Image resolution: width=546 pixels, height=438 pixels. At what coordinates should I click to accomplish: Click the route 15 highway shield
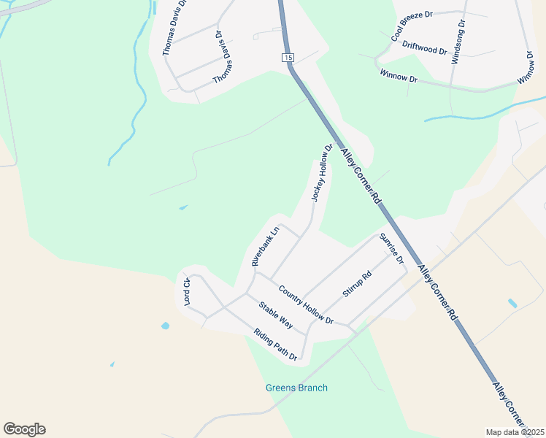(288, 58)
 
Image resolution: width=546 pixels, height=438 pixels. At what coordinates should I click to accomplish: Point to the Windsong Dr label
(458, 42)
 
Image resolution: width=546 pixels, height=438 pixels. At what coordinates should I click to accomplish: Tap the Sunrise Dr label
(391, 249)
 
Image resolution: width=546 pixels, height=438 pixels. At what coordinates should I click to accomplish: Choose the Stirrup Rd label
(357, 284)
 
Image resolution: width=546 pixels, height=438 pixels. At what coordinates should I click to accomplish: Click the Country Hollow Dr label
(305, 305)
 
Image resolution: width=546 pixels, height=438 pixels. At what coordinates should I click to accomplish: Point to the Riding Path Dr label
(275, 345)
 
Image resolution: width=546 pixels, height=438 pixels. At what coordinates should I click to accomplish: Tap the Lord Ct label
(187, 291)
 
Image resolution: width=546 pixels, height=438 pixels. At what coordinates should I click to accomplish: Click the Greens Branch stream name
(296, 388)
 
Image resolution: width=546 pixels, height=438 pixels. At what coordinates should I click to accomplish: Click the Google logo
(24, 429)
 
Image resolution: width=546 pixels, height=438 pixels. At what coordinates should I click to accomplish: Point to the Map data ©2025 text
(515, 432)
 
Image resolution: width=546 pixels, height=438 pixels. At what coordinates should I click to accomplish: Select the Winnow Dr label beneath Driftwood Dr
(399, 75)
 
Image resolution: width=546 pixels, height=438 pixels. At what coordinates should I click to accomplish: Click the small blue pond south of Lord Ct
(165, 326)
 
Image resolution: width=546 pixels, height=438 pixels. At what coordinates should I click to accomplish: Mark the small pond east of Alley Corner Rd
(512, 303)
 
